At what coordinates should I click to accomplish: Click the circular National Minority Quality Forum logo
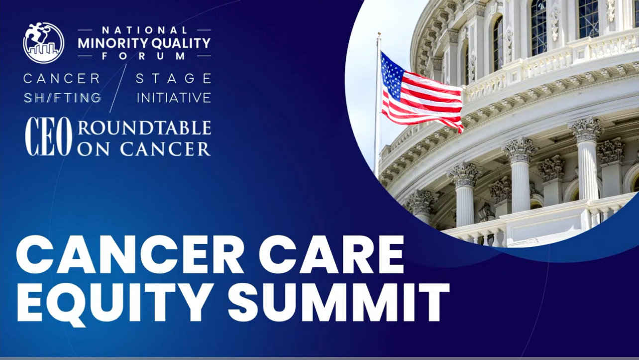[44, 42]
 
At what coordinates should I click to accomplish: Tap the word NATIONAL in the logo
[144, 31]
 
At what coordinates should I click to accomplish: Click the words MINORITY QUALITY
[144, 43]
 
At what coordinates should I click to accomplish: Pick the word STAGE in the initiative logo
[174, 79]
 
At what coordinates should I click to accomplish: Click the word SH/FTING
[62, 98]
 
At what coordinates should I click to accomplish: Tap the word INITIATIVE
[174, 98]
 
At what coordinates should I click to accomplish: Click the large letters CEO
[49, 137]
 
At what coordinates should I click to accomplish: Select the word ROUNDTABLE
[144, 128]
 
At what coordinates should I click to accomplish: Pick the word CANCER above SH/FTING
[62, 79]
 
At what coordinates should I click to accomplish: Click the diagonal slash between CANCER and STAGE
[118, 88]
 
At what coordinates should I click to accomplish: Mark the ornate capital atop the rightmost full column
[586, 129]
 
